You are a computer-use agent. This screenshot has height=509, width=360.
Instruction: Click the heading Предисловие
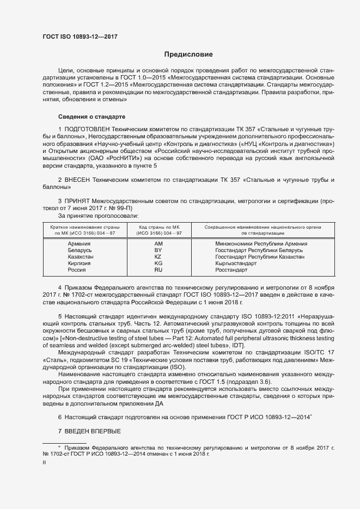click(189, 54)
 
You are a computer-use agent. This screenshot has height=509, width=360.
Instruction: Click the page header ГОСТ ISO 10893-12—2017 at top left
click(80, 37)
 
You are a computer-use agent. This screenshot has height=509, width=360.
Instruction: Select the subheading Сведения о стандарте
click(91, 117)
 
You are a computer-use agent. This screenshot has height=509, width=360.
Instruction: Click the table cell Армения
click(80, 243)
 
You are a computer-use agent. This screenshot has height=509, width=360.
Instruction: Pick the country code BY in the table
click(158, 250)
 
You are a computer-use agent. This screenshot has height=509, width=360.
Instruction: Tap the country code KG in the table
click(158, 263)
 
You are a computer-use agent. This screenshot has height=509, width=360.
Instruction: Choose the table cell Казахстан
click(81, 256)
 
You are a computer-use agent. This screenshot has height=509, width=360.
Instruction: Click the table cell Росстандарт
click(231, 269)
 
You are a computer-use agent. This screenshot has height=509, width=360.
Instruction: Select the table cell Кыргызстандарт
click(236, 263)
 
